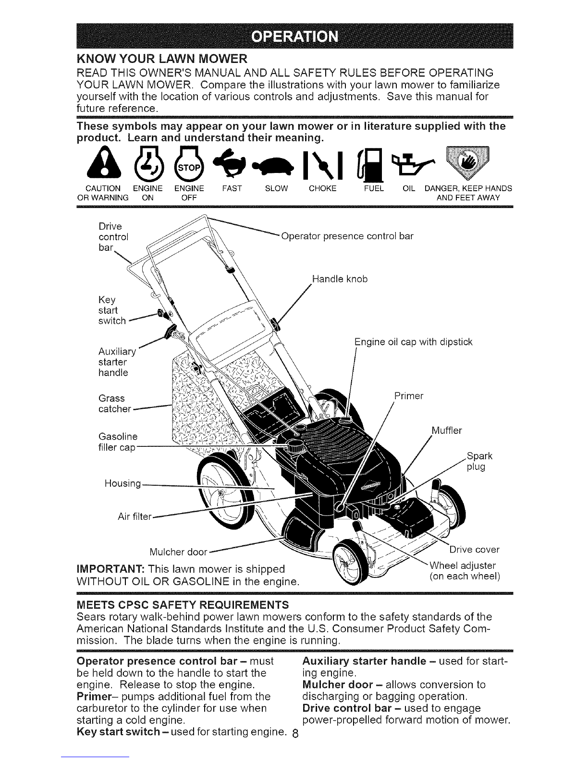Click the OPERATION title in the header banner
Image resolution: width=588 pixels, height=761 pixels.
coord(295,37)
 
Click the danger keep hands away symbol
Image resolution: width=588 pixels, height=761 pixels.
coord(467,163)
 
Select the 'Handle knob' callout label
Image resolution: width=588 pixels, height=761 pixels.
coord(340,279)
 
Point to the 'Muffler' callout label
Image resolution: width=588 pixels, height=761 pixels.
coord(446,430)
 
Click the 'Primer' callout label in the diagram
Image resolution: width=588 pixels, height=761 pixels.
coord(409,396)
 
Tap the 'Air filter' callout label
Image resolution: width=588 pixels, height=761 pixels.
coord(135,516)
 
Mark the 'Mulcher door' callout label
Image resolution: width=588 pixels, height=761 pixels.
coord(178,552)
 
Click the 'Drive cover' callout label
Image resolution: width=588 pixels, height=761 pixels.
coord(475,550)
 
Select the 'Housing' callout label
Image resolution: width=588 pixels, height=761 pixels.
coord(122,484)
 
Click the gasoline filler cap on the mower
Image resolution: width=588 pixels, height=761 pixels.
coord(295,445)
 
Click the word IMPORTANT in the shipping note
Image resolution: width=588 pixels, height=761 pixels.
coord(110,569)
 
